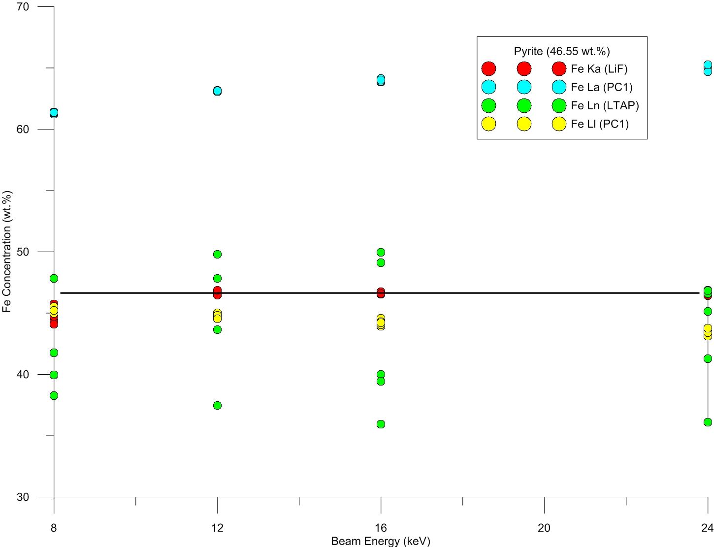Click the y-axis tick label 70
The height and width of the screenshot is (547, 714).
point(23,7)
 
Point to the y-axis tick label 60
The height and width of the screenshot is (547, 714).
point(23,129)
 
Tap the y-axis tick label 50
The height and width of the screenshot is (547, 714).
point(23,252)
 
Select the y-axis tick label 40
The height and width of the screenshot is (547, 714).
point(23,375)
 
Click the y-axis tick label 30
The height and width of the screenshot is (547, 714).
point(23,497)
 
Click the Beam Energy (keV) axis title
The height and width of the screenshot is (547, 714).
point(381,541)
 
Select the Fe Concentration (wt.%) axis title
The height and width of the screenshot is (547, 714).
point(7,252)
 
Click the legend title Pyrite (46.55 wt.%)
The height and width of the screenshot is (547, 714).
point(562,51)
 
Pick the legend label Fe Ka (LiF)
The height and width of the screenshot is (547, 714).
point(599,69)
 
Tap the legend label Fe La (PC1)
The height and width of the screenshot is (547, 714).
point(601,88)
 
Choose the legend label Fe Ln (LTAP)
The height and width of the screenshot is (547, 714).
point(605,106)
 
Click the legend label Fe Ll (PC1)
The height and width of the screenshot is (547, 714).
point(600,124)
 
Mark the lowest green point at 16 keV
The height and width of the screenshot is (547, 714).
point(381,424)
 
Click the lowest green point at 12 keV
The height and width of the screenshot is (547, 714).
point(217,405)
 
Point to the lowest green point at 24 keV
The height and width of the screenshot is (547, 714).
point(708,422)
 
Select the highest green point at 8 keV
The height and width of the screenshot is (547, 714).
point(54,278)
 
